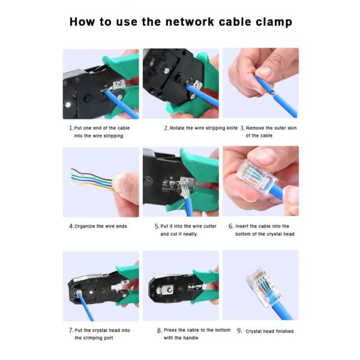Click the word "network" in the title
pos(190,22)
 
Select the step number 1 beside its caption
pos(71,128)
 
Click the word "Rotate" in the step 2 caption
pos(177,128)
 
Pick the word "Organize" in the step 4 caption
pos(85,226)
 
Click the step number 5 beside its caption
pos(157,226)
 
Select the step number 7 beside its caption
pos(71,331)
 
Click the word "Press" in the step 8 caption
pos(170,330)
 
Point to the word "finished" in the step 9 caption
pos(284,331)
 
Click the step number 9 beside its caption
pos(239,331)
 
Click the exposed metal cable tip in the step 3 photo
pos(272,93)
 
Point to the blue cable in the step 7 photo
pos(85,306)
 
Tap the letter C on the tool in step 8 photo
pos(170,290)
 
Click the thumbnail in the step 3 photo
pos(264,72)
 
